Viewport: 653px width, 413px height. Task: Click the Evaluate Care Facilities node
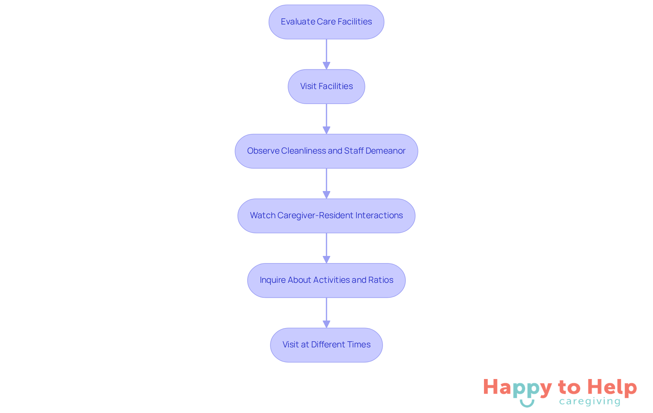click(326, 22)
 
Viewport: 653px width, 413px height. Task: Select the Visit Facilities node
click(326, 87)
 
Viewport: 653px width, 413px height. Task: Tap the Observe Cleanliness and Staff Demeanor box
click(326, 151)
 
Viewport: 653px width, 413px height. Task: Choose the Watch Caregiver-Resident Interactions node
click(326, 216)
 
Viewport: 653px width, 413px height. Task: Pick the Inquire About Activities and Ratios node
click(326, 280)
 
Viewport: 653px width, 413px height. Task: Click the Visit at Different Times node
click(326, 345)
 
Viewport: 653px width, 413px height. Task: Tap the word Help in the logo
click(612, 388)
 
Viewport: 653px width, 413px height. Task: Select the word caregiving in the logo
click(590, 402)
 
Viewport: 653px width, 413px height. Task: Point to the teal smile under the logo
click(527, 403)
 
